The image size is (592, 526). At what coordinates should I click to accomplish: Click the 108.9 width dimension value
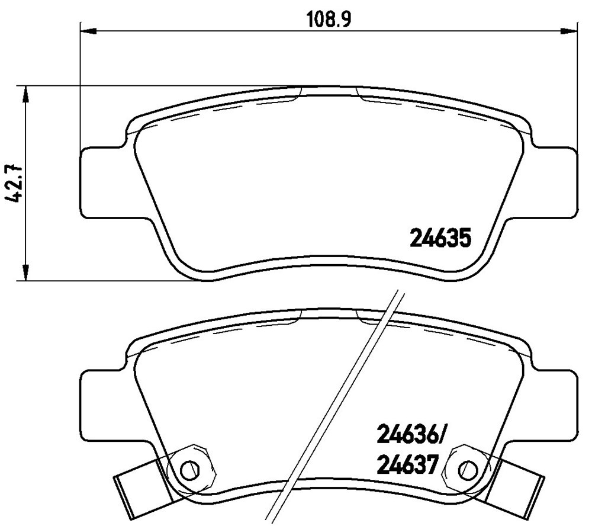(329, 19)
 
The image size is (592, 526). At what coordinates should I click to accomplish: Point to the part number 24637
(407, 466)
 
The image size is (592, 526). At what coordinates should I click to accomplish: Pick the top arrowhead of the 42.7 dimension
(25, 94)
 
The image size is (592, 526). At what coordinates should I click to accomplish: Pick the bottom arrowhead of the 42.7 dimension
(25, 272)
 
